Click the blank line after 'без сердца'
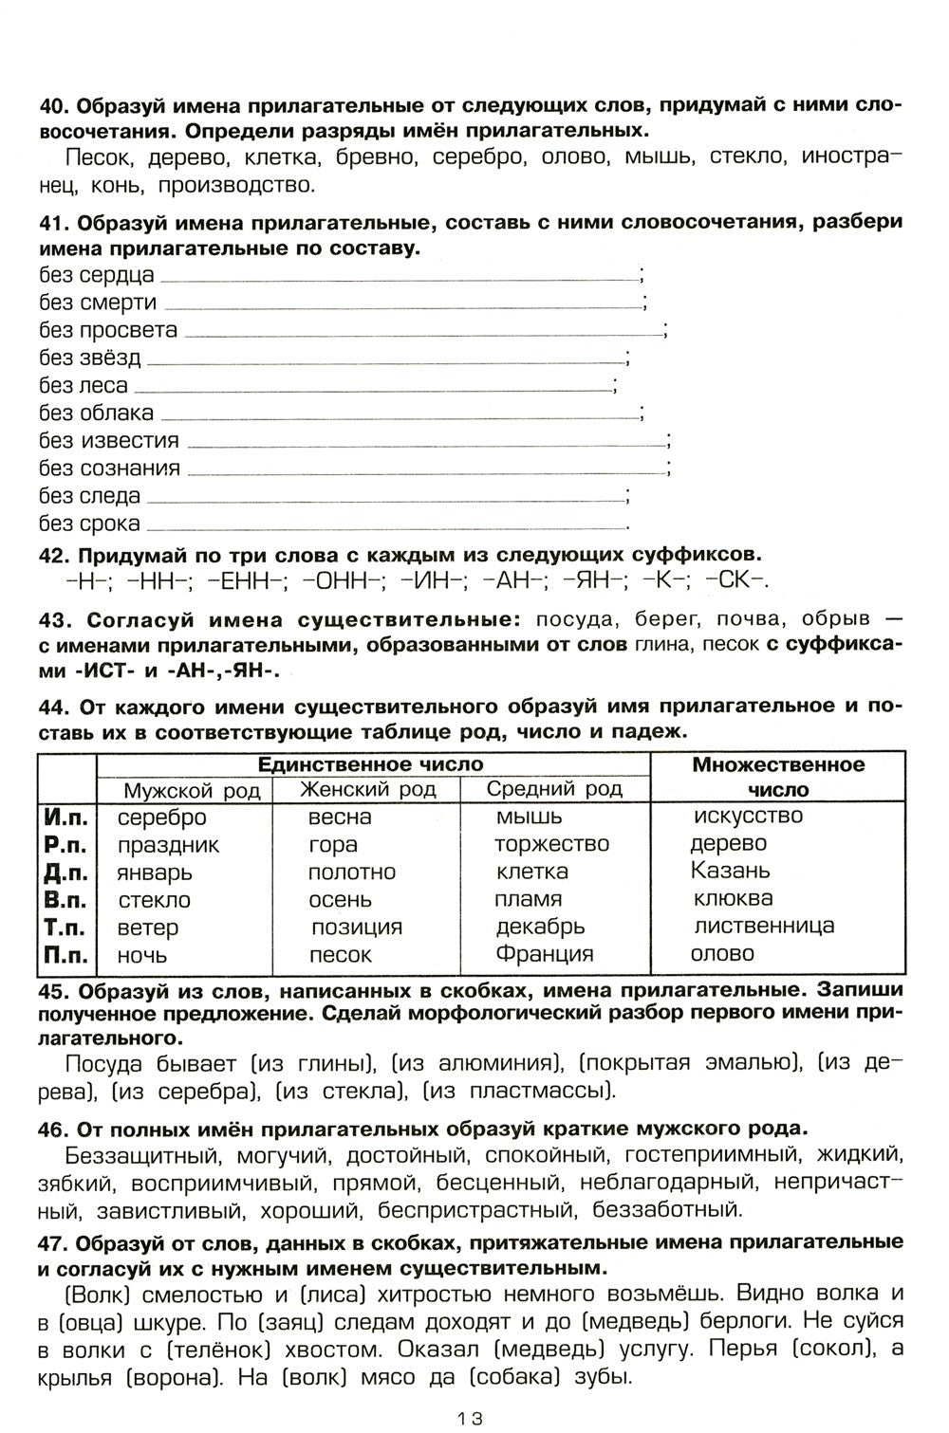[x=399, y=279]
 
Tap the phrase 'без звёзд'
[x=89, y=358]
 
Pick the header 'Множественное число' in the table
[x=777, y=777]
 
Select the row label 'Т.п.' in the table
[x=66, y=927]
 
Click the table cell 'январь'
[x=155, y=872]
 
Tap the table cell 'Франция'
[x=544, y=953]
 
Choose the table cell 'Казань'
[x=731, y=871]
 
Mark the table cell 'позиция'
[x=356, y=927]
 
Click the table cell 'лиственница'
[x=764, y=926]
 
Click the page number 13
[x=470, y=1419]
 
